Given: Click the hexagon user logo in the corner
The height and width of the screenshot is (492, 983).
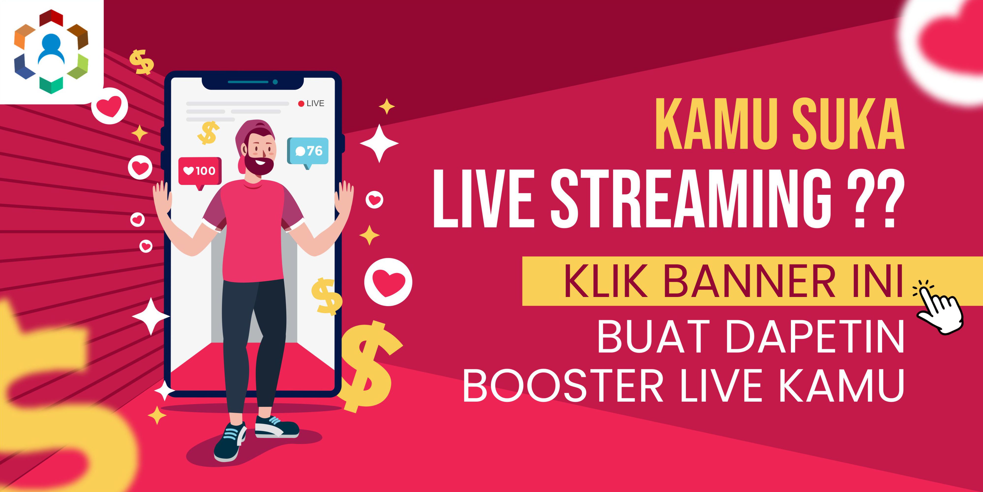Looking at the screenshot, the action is click(51, 51).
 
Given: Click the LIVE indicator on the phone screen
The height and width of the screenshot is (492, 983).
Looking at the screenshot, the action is click(311, 103).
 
